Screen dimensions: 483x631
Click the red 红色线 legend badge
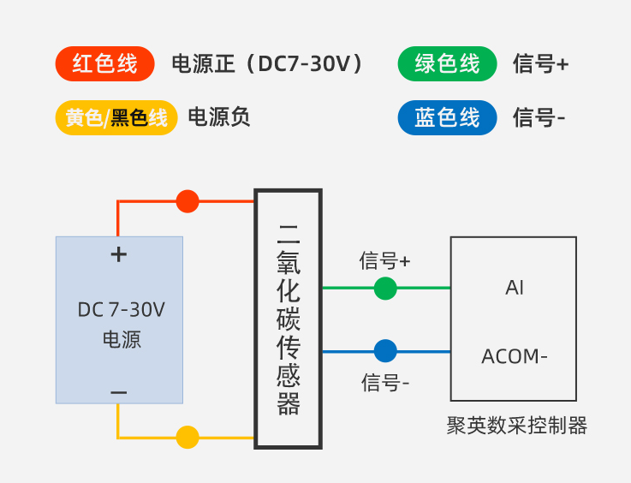[x=104, y=64]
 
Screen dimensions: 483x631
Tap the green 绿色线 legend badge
[x=447, y=64]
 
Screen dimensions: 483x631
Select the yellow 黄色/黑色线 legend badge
[x=116, y=118]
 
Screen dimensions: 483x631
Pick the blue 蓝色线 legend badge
[x=447, y=118]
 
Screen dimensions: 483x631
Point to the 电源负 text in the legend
[x=219, y=118]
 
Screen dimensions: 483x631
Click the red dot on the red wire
[x=188, y=201]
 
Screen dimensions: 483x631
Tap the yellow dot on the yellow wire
[x=188, y=437]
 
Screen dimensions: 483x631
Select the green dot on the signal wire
[x=385, y=289]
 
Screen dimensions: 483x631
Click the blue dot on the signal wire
[x=385, y=351]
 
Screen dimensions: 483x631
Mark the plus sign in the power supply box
[x=119, y=254]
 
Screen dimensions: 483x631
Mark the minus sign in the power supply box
[x=119, y=392]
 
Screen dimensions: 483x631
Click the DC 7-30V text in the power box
[x=121, y=310]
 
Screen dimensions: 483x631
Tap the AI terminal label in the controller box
[x=515, y=289]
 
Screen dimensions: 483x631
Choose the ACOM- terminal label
[x=515, y=356]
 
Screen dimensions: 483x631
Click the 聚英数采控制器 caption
[x=517, y=426]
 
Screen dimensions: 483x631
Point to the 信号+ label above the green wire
[x=385, y=260]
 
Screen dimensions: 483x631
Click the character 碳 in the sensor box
[x=289, y=319]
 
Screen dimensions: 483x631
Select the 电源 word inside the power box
[x=121, y=339]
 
